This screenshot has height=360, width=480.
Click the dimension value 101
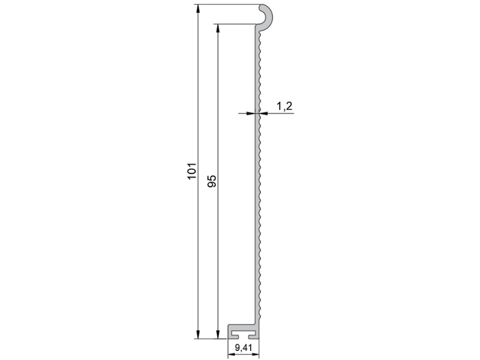[x=191, y=171]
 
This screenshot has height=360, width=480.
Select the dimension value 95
[x=212, y=181]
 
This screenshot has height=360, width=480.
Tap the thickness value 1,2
[x=284, y=106]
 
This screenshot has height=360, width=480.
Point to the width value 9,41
[x=244, y=348]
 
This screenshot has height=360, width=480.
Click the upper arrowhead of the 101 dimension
[x=198, y=8]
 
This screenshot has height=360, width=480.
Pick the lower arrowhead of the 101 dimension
[x=198, y=335]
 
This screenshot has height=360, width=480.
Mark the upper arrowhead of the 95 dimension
[x=218, y=28]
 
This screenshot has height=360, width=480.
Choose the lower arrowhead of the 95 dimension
[x=218, y=335]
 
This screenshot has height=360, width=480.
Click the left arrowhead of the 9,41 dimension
[x=232, y=355]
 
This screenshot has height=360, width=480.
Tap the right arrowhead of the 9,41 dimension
[x=256, y=355]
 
